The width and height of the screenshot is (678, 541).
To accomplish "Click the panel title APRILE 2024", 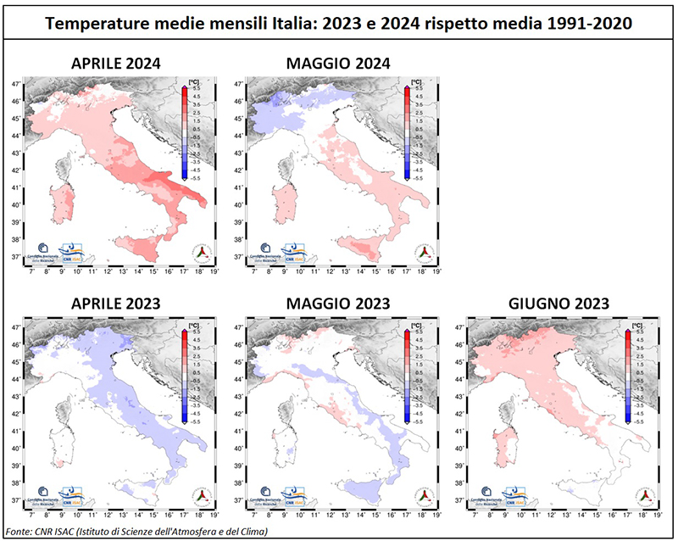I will tap(116, 64).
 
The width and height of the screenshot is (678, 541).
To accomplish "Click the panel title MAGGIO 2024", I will tap(337, 64).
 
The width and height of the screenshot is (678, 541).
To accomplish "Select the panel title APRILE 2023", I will tap(116, 304).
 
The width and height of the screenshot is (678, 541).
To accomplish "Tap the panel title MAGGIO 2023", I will tap(337, 304).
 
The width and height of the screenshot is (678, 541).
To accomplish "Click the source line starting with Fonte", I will tap(136, 531).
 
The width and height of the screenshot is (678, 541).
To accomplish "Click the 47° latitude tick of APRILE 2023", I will tap(15, 326).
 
